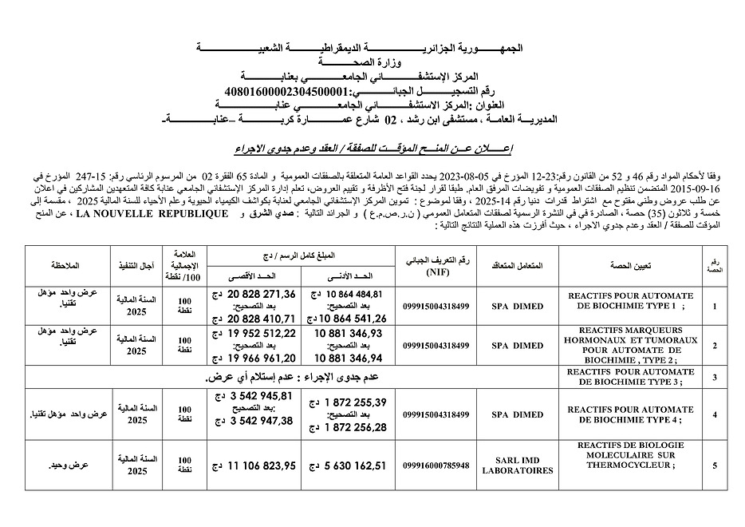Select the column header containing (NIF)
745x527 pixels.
tap(438, 265)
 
